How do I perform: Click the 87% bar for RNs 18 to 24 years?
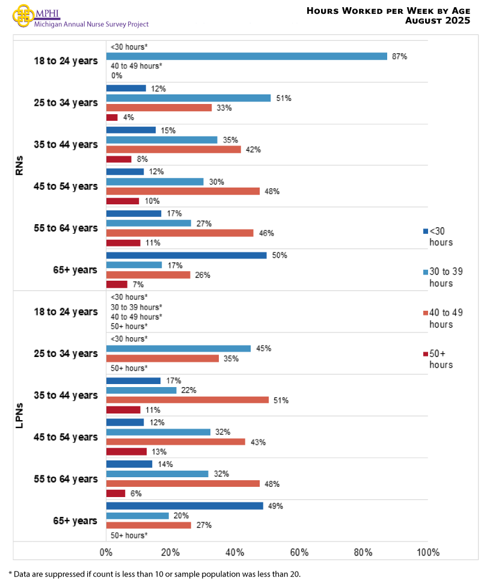247,56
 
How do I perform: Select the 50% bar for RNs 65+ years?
186,255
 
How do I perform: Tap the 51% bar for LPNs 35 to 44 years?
188,400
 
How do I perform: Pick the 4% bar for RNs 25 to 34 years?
112,117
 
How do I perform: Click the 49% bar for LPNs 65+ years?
185,506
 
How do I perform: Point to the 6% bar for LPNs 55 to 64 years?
115,493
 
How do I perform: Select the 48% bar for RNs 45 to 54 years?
183,191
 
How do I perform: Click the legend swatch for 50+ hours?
425,353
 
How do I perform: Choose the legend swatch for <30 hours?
425,231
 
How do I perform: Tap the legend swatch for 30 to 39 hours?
425,272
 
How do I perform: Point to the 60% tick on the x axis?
299,552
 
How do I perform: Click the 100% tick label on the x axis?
427,552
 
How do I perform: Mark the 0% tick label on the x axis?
106,552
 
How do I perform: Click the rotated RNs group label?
19,166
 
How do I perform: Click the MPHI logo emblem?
23,15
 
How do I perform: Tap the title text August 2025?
437,21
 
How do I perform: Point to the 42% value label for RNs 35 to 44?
253,150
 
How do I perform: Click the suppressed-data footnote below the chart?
155,574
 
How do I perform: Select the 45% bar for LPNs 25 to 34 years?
179,349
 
